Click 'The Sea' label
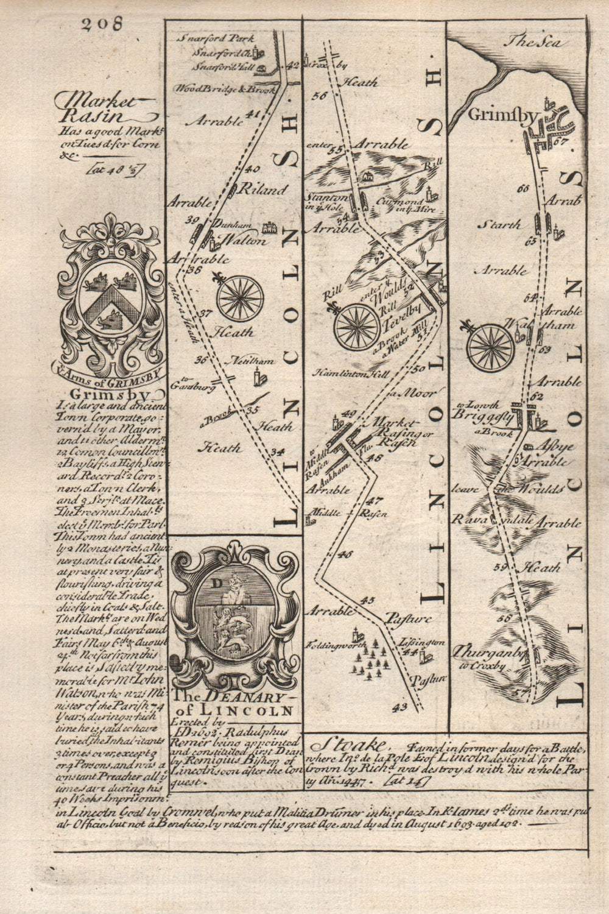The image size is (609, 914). (x=533, y=43)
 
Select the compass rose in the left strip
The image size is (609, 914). (x=240, y=299)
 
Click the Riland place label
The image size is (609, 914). (x=266, y=190)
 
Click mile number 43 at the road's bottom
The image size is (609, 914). (x=400, y=707)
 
